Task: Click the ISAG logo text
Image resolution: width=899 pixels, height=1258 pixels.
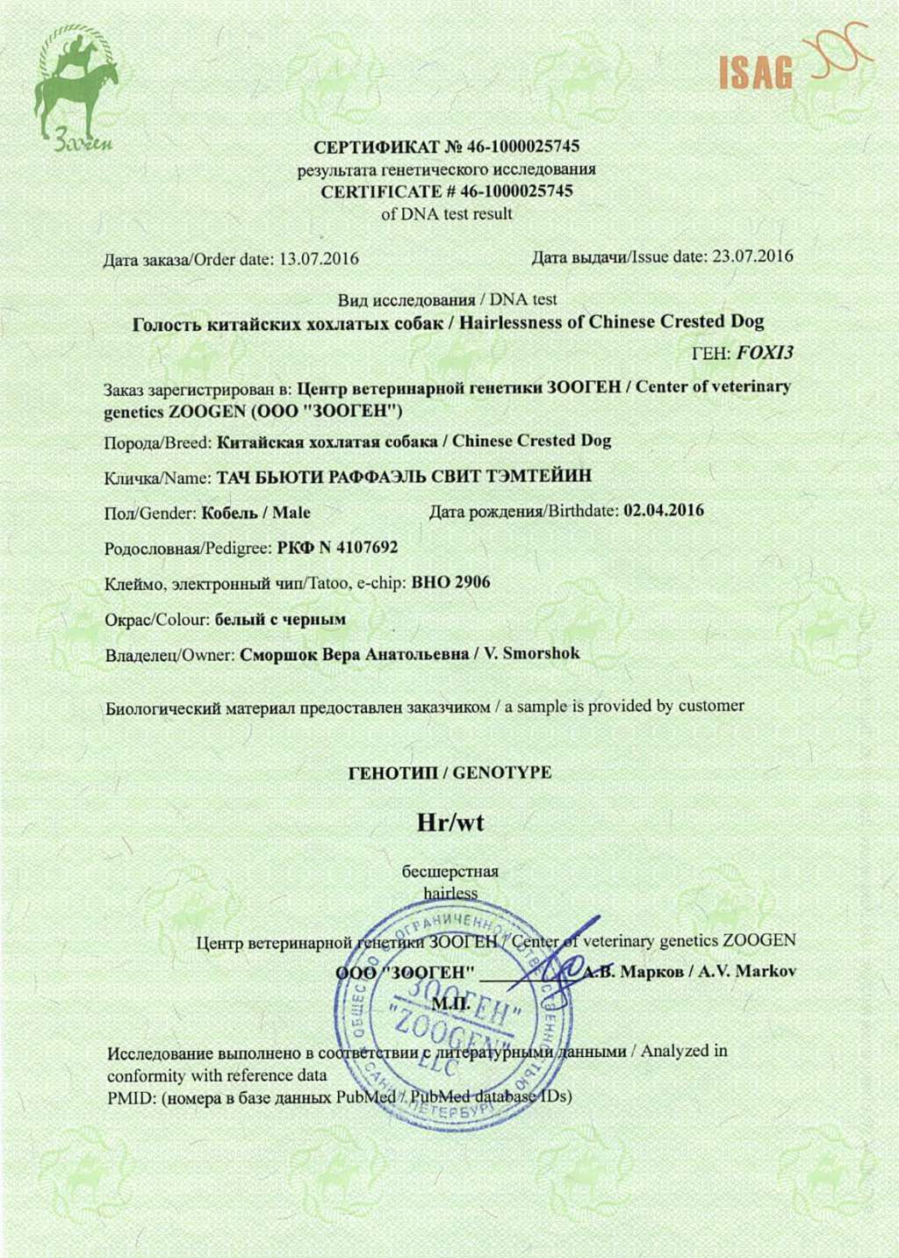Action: click(x=756, y=74)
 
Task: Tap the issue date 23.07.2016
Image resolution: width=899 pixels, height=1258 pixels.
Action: click(x=752, y=256)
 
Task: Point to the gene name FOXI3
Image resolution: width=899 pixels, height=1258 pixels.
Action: click(x=765, y=353)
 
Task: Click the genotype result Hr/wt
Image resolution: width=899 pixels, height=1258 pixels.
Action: click(x=449, y=823)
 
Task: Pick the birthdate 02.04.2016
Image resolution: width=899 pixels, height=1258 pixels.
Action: click(x=663, y=511)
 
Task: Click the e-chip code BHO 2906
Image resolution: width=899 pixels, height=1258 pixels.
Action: click(x=450, y=583)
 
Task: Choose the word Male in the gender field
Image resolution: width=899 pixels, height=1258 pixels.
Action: click(x=291, y=513)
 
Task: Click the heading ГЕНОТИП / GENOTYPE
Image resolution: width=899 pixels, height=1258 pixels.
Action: click(x=449, y=773)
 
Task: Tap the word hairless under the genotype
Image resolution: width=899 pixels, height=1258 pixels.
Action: click(x=450, y=893)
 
